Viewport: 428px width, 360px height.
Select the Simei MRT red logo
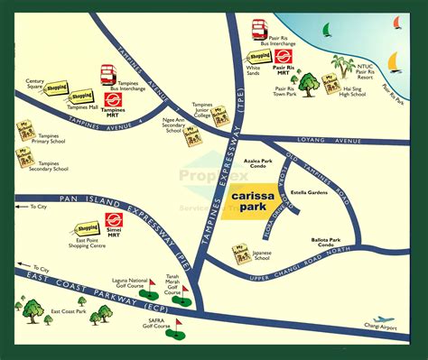(114, 220)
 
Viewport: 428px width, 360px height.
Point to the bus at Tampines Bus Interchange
(109, 73)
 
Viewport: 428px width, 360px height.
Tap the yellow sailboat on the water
(395, 60)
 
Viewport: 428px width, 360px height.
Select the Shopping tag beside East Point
(88, 228)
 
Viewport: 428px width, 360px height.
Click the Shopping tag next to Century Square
(58, 88)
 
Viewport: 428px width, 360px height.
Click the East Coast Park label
(68, 311)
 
